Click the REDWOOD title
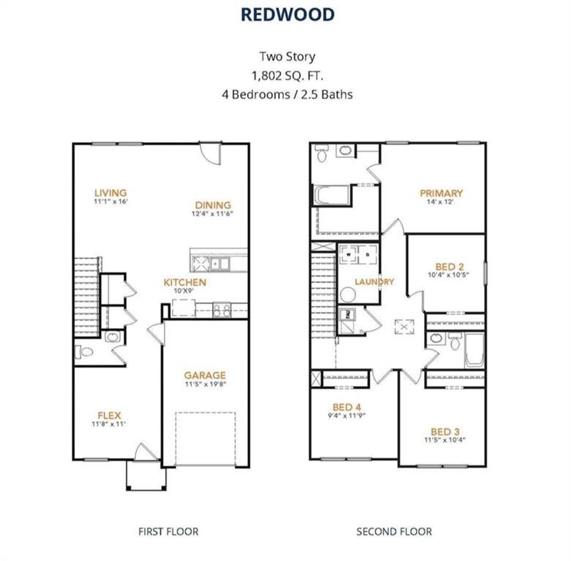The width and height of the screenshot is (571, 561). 287,15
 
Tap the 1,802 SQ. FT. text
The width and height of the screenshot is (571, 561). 287,76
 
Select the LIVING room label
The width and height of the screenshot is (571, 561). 111,193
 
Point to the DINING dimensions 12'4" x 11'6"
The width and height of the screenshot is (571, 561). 212,213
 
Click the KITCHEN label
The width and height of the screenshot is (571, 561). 185,282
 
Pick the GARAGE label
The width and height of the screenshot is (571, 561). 205,375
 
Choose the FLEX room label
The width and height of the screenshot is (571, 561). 109,415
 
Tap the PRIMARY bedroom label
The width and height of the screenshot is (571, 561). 441,193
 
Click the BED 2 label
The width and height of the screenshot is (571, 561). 449,266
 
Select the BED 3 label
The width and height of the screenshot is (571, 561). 445,431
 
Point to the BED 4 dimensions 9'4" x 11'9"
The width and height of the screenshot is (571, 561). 347,415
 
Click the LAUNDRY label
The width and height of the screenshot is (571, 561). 375,282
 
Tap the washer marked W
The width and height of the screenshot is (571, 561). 348,254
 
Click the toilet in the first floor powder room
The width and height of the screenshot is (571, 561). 84,352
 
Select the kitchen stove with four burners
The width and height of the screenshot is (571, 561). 222,310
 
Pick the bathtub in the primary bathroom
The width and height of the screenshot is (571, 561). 331,195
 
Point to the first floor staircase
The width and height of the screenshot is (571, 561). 86,297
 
